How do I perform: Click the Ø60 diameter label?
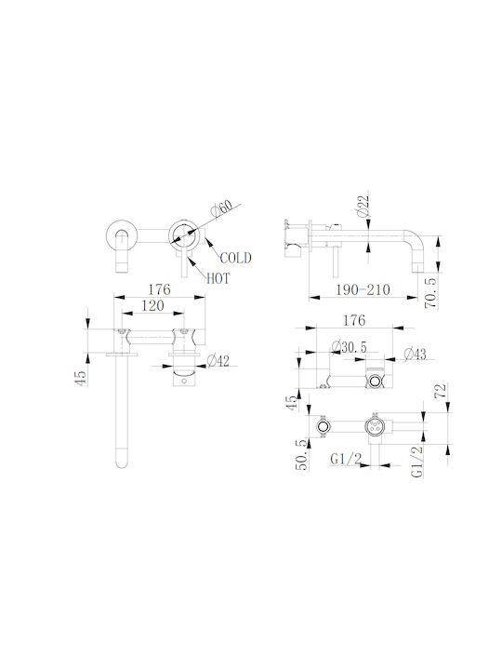tap(221, 209)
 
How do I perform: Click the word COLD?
tap(235, 258)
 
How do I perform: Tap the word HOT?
tap(218, 278)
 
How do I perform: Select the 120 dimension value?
tap(152, 305)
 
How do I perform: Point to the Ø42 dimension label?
tap(218, 361)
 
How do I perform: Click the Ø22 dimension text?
tap(363, 206)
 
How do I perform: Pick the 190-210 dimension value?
tap(363, 289)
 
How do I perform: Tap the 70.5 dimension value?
tap(431, 293)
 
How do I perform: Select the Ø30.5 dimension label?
tap(349, 347)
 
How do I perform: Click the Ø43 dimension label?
tap(415, 354)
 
